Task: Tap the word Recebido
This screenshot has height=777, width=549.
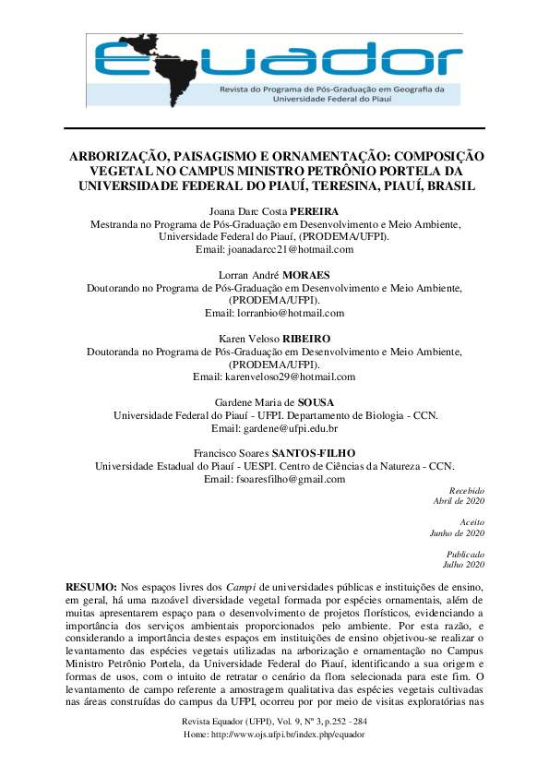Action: coord(466,490)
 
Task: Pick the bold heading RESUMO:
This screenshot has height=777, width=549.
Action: coord(91,588)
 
